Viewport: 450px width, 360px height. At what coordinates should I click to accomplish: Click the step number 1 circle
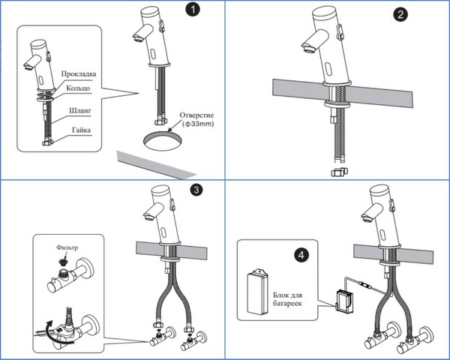[194, 10]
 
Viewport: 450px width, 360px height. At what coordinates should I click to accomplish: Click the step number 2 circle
[411, 17]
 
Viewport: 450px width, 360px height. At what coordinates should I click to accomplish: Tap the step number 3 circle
[196, 190]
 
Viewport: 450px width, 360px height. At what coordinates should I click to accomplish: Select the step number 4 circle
[302, 255]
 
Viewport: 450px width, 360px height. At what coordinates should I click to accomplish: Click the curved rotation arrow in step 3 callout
[46, 325]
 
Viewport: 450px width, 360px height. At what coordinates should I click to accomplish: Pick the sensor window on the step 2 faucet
[328, 73]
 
